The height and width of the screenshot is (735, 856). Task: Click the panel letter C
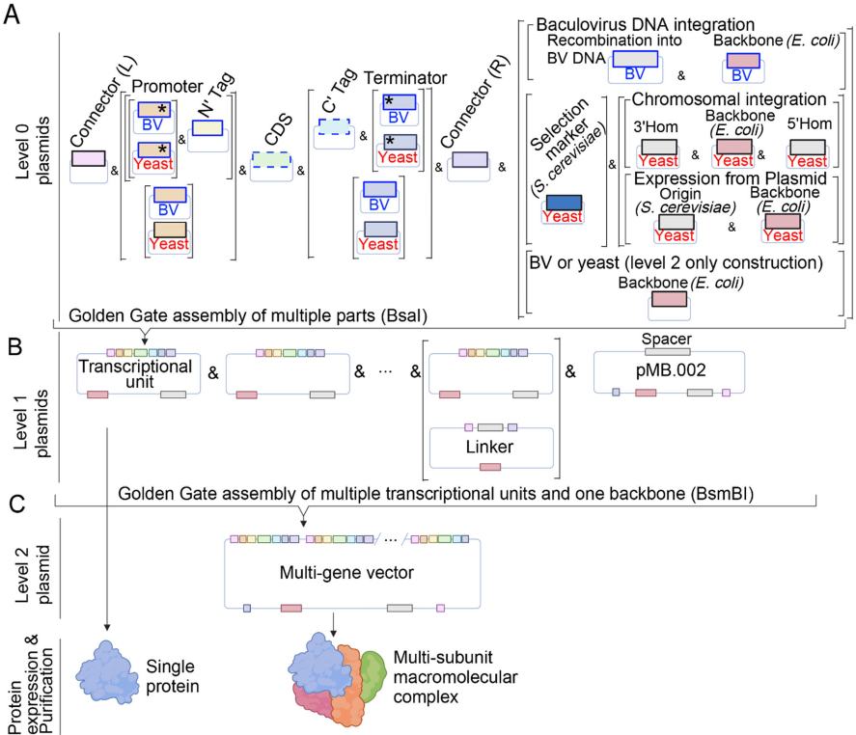[14, 502]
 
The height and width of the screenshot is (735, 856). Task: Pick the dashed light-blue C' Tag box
[339, 127]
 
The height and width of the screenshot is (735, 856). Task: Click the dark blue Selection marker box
[563, 203]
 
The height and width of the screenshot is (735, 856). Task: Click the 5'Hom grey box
[807, 146]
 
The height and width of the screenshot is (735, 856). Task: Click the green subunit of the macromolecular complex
[377, 667]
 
